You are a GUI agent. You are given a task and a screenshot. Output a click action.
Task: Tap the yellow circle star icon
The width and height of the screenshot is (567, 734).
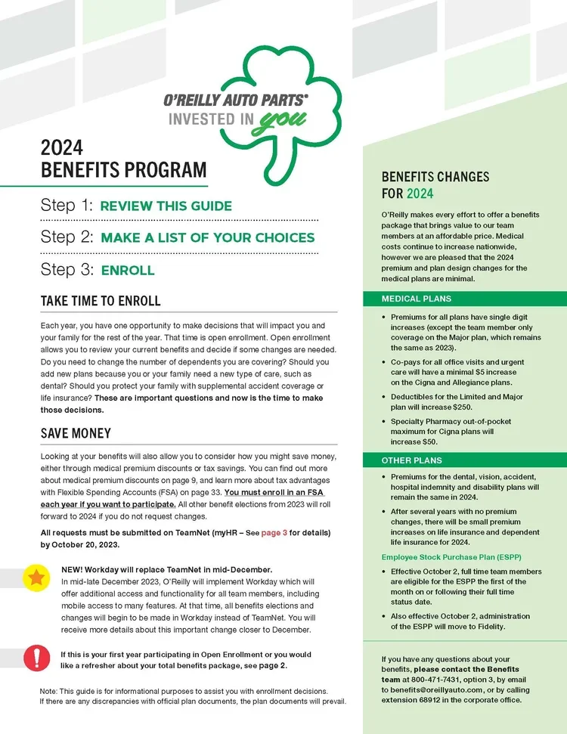(35, 579)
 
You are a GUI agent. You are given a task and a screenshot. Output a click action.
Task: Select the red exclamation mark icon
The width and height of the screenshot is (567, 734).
(35, 658)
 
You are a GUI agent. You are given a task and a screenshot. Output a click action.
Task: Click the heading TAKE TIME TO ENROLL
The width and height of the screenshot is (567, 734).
(101, 301)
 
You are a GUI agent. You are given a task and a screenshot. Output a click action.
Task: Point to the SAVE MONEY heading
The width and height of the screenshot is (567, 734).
(76, 433)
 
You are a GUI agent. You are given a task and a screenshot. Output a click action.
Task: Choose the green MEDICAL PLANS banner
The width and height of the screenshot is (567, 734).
(464, 299)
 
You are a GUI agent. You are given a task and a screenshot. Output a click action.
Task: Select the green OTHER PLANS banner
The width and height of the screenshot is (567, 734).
(464, 460)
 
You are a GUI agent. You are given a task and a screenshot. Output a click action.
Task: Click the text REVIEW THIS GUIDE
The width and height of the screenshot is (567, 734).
(166, 206)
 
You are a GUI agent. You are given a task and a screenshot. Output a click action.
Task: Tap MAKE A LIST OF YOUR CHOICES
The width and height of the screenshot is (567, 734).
(207, 237)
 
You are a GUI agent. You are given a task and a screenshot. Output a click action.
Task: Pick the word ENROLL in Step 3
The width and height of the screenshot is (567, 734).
(127, 270)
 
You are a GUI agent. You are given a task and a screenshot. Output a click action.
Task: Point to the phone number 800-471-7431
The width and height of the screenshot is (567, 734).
(428, 680)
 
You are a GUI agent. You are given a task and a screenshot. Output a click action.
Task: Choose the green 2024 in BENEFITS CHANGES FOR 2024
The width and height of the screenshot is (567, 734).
(420, 194)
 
